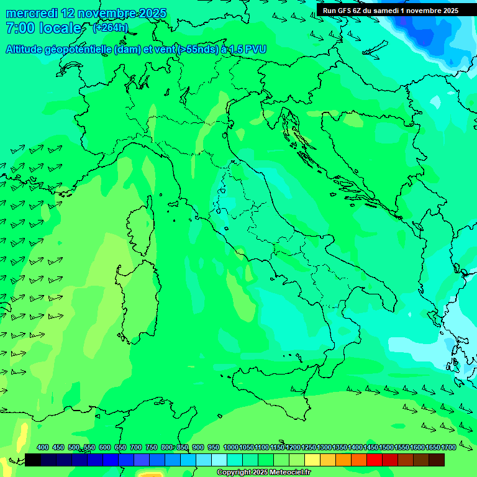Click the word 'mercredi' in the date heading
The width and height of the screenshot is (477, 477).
point(31,14)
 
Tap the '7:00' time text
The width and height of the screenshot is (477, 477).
point(20,28)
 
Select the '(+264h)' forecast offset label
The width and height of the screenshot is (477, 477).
point(111,28)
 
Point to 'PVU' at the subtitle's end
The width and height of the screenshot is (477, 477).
point(254,49)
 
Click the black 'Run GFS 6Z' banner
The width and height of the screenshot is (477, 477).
point(390,11)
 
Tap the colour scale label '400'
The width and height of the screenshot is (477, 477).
point(43,448)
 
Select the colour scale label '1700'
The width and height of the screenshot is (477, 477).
point(448,448)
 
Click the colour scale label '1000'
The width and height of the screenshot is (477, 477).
point(230,448)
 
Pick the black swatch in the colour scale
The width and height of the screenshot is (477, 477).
point(33,460)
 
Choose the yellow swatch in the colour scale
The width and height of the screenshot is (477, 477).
point(312,460)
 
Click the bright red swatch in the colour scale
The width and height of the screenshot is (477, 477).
point(374,460)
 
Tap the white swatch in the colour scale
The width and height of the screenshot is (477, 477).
point(219,460)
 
